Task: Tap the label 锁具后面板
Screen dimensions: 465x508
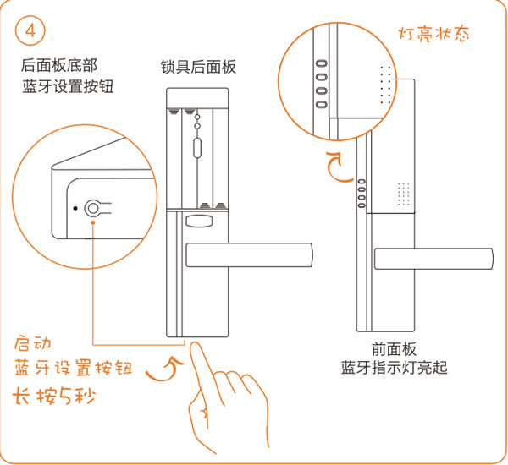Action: click(x=198, y=67)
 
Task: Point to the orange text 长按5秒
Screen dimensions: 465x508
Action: click(x=52, y=395)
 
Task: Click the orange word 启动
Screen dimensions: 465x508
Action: click(x=34, y=344)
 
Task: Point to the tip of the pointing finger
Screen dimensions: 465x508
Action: click(x=193, y=347)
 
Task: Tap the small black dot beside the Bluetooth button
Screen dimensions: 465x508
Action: click(x=75, y=208)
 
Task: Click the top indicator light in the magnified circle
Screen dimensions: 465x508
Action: click(x=322, y=62)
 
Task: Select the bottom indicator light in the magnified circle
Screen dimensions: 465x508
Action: click(x=322, y=104)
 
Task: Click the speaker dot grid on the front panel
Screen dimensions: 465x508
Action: click(x=403, y=194)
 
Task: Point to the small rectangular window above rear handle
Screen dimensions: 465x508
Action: click(x=198, y=223)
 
